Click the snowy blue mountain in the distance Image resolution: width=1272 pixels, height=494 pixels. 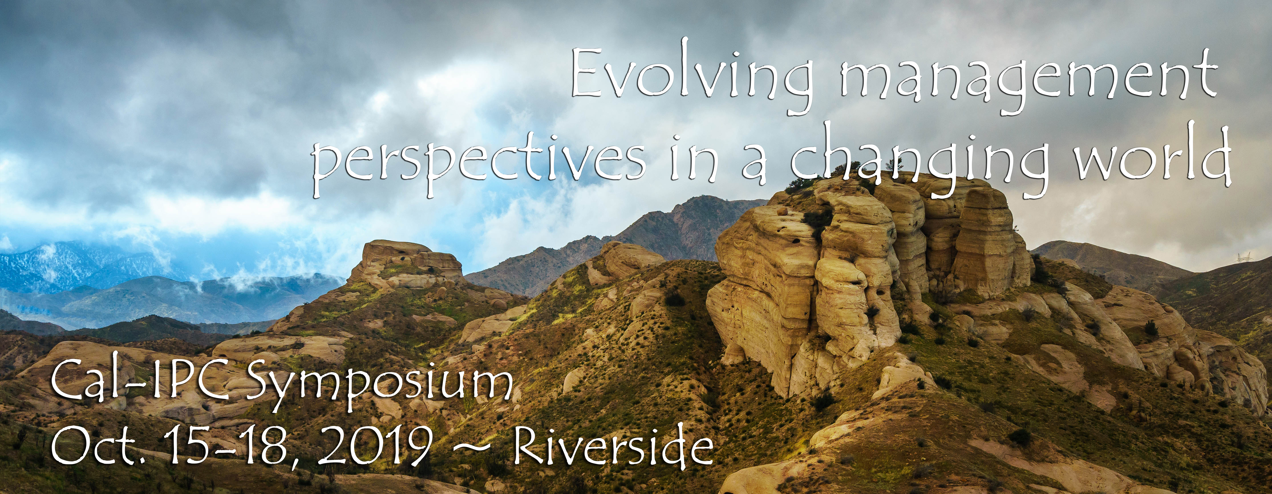pos(74,267)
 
